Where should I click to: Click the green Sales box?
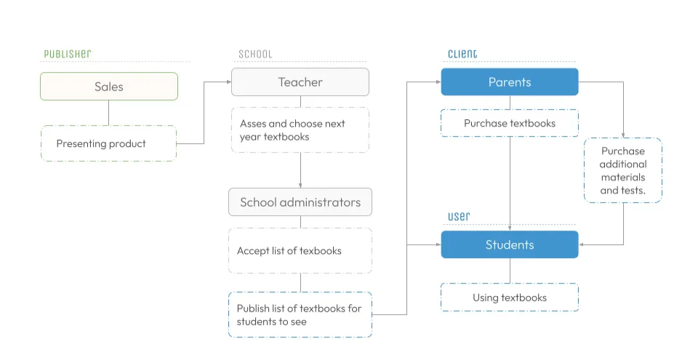point(109,87)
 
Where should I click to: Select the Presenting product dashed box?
point(109,143)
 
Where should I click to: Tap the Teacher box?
point(300,82)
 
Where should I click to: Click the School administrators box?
point(300,202)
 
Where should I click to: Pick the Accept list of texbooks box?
point(300,251)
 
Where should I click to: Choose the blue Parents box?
point(509,82)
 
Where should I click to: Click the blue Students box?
point(509,245)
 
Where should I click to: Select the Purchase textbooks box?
point(509,123)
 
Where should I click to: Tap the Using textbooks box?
point(509,297)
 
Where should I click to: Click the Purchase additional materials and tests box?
point(622,170)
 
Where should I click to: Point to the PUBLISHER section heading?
point(67,54)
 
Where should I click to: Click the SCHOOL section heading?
point(255,54)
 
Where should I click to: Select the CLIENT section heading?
point(462,54)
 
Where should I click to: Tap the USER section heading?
point(459,217)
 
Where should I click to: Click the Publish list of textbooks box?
point(300,315)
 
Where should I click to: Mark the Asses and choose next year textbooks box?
point(300,130)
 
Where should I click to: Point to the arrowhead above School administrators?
point(300,185)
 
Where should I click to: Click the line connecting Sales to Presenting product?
point(109,113)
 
